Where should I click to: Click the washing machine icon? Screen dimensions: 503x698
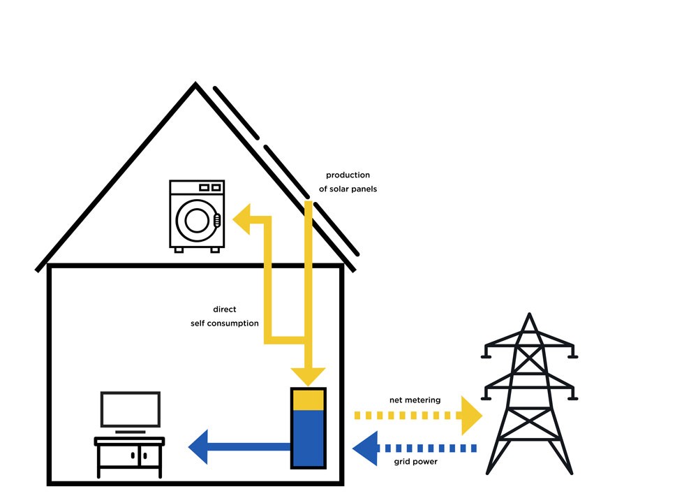[x=197, y=215]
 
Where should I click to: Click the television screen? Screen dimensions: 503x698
[x=131, y=409]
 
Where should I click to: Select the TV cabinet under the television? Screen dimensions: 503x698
[x=130, y=458]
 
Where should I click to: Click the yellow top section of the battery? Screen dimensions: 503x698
[x=308, y=399]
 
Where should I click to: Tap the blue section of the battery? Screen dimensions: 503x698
[x=308, y=439]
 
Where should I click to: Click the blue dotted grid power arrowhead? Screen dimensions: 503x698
[x=364, y=448]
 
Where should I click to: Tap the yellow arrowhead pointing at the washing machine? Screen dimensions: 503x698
[x=242, y=220]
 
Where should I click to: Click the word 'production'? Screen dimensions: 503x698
[x=348, y=175]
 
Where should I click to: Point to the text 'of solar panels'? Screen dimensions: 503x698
[x=348, y=189]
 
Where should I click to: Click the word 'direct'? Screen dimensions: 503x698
[x=225, y=309]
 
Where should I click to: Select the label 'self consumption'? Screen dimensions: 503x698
[x=225, y=323]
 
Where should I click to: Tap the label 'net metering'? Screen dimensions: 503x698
[x=415, y=400]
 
